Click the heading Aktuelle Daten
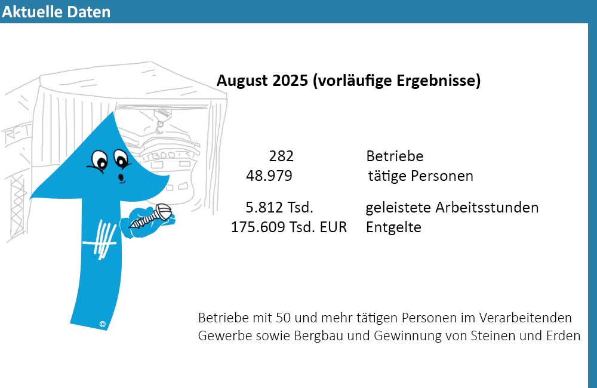(x=56, y=12)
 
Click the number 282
(x=281, y=156)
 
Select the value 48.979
(x=269, y=176)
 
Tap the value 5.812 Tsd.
(x=279, y=208)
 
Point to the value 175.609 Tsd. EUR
(x=289, y=227)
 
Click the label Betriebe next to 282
(x=395, y=156)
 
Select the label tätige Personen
(x=421, y=176)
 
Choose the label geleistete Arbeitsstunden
(x=452, y=208)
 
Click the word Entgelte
(x=393, y=227)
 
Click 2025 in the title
(x=291, y=81)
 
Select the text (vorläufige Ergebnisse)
(x=396, y=81)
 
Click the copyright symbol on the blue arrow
(x=103, y=324)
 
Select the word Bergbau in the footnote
(x=315, y=335)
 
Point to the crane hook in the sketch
(x=159, y=126)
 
